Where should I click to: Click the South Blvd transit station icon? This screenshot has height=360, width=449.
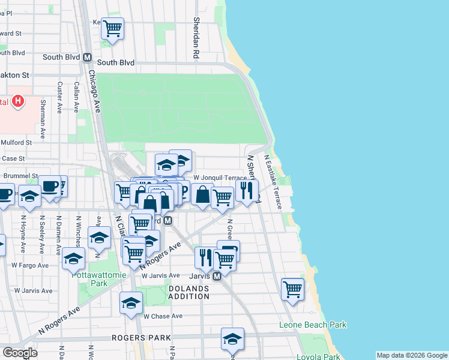click(x=87, y=58)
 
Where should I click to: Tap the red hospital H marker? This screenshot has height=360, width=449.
click(x=19, y=101)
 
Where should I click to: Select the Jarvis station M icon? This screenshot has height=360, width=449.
click(x=217, y=276)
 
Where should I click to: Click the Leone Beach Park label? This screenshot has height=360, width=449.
click(x=313, y=325)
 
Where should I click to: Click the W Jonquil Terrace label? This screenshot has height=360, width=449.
click(x=220, y=178)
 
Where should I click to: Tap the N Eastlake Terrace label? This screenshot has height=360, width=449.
click(x=274, y=182)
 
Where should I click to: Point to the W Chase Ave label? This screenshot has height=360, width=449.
click(x=162, y=316)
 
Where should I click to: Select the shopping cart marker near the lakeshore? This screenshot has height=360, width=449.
click(x=292, y=289)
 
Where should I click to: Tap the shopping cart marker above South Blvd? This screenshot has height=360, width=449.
click(x=112, y=28)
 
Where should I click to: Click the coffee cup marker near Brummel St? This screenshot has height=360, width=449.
click(x=50, y=185)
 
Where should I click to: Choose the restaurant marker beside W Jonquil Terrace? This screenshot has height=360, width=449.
click(x=247, y=190)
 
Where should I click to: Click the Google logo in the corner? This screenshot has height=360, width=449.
click(x=20, y=353)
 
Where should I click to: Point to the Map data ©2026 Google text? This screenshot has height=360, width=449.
click(x=411, y=355)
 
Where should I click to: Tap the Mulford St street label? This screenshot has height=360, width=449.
click(x=16, y=143)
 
